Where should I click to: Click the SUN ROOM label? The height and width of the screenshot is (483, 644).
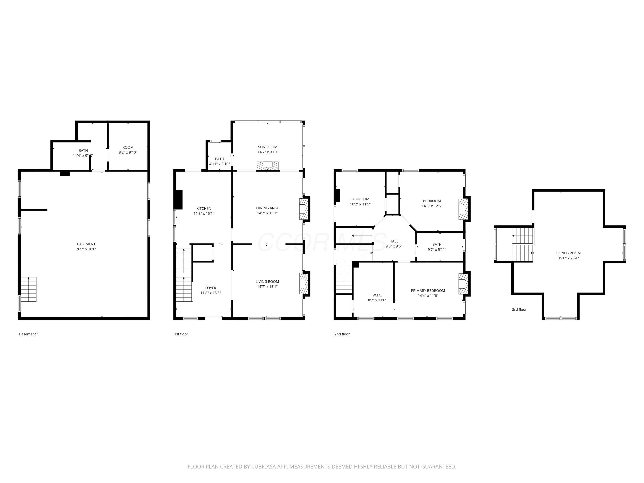tap(267, 147)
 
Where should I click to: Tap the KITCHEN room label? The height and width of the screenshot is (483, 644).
tap(204, 208)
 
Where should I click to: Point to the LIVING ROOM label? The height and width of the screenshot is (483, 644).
tap(267, 281)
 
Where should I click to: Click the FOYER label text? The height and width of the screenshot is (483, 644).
tap(211, 288)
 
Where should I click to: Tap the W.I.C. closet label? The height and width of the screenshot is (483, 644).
tap(377, 295)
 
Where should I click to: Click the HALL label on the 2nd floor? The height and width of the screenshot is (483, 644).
tap(394, 241)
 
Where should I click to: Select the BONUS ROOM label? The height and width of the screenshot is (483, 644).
tap(568, 253)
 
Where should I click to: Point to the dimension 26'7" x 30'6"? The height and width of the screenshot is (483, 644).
tap(86, 249)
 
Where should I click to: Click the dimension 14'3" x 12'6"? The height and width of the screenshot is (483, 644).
tap(432, 206)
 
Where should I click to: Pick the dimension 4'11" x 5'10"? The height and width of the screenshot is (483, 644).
tap(220, 164)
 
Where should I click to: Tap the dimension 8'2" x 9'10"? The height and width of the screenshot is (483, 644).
tap(128, 152)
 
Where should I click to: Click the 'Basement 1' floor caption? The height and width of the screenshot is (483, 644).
tap(29, 334)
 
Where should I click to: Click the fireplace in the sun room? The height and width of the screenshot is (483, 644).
tap(267, 166)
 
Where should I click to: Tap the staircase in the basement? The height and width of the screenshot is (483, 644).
tap(29, 289)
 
